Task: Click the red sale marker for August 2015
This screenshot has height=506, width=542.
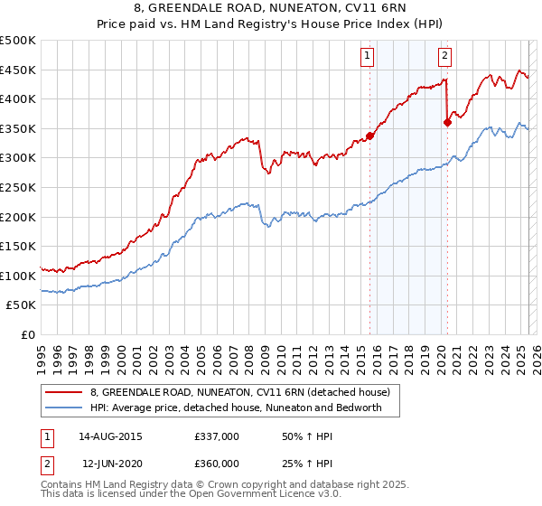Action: (369, 136)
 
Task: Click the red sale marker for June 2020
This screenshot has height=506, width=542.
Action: (447, 123)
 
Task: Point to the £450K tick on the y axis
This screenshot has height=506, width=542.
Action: (18, 70)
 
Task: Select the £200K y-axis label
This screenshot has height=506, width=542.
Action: (18, 217)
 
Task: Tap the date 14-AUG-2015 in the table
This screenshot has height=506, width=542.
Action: (110, 436)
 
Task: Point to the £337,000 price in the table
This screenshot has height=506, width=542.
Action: (217, 436)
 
